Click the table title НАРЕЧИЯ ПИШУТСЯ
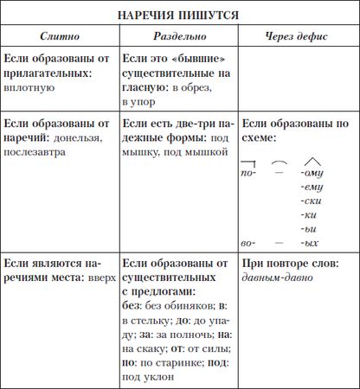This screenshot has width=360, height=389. click(179, 16)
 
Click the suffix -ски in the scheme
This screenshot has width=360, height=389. click(307, 199)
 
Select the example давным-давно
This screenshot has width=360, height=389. click(277, 278)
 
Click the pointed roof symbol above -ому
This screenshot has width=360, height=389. click(309, 160)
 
